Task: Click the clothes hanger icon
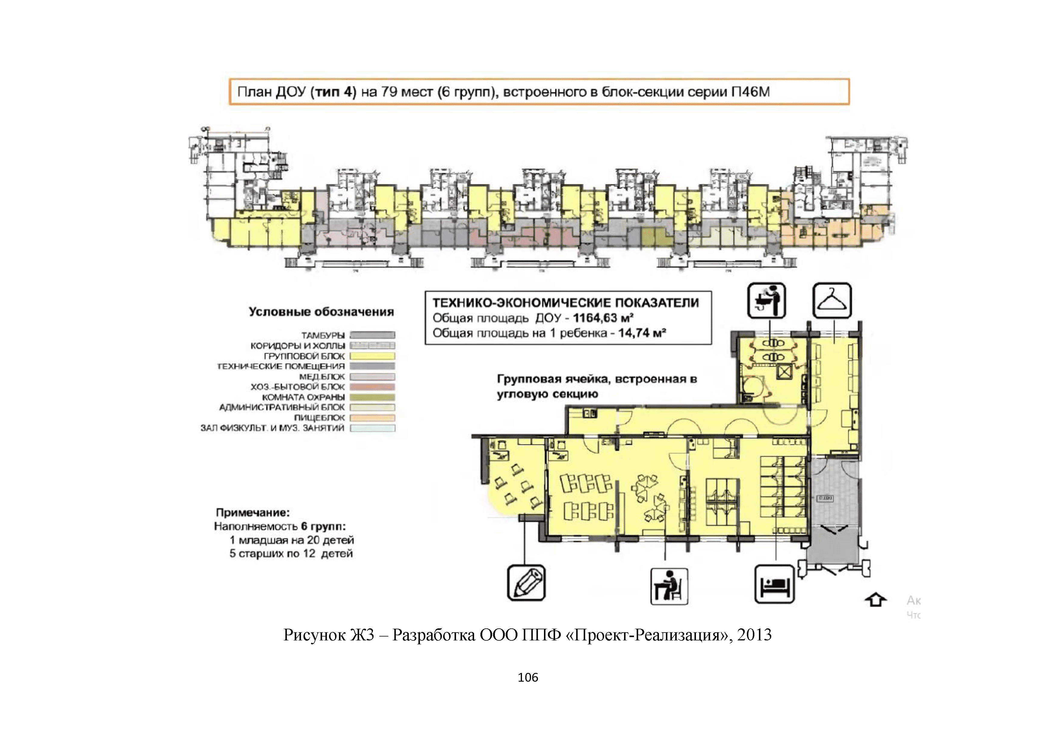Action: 831,300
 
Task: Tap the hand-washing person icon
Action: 766,300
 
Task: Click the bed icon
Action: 775,584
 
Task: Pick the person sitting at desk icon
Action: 669,586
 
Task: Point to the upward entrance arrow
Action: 875,600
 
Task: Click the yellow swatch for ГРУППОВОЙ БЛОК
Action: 372,356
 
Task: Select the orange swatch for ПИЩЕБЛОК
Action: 372,418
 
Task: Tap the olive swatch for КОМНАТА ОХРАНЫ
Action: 372,397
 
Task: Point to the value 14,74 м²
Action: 641,333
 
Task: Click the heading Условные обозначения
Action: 321,312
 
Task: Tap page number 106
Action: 527,677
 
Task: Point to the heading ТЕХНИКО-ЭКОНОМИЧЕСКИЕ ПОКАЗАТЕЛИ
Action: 565,303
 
